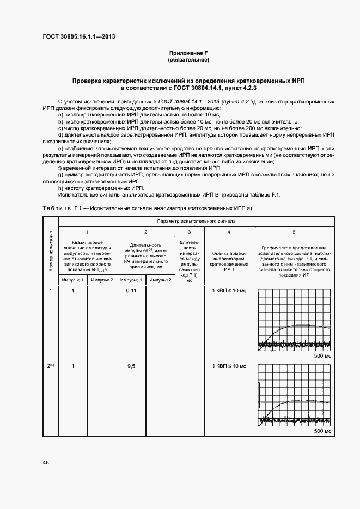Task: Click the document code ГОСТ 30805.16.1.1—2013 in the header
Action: pos(78,38)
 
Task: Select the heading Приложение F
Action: pos(188,53)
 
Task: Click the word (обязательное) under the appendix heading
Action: pos(188,59)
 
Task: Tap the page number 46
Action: pos(46,462)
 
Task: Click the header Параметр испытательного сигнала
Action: pos(196,222)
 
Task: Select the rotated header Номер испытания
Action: pos(51,250)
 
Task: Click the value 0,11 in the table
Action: pos(131,291)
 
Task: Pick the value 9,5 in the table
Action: pos(131,366)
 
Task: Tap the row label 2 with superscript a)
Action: pos(50,366)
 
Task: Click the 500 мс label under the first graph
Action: pos(322,355)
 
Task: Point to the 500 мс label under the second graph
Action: pos(322,431)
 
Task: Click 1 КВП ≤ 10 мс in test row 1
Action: pos(229,291)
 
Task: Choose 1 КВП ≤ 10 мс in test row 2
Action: pos(229,366)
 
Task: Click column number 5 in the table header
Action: pos(294,232)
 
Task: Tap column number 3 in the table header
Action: pos(190,232)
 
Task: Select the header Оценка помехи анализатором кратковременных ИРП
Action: pos(229,261)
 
